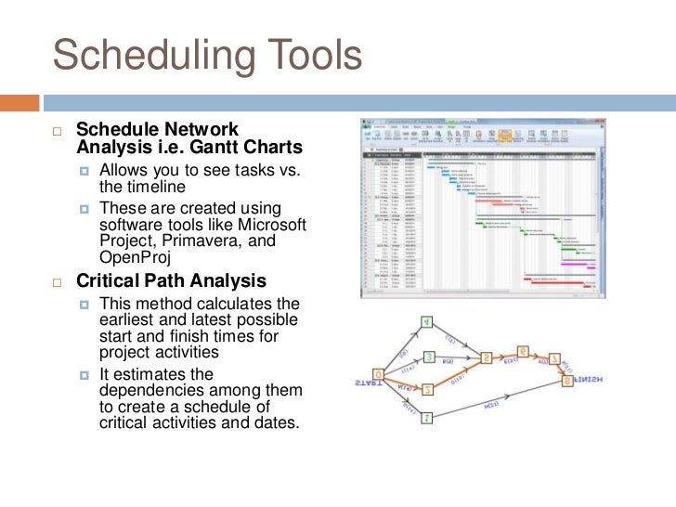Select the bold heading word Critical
112,281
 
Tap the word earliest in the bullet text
131,320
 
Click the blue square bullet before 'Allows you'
85,171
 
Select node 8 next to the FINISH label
565,380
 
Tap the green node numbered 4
426,322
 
